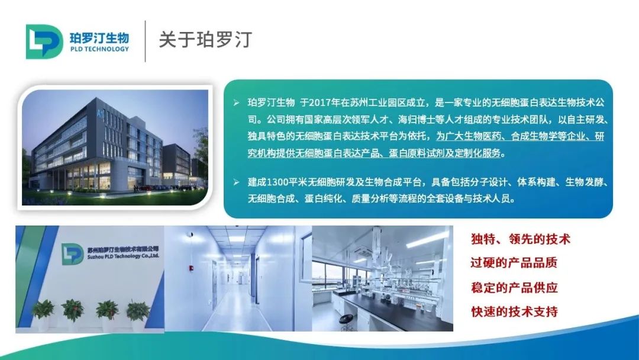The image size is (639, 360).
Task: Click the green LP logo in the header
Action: coord(44,41)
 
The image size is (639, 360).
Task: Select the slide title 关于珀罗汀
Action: coord(205,40)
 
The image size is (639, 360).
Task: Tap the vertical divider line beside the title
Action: coord(146,41)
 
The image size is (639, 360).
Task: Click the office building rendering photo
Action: coord(115,147)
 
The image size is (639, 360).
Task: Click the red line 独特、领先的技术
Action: coord(521,239)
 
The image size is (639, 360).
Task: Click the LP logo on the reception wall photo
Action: coord(73,254)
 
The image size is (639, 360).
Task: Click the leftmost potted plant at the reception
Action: coord(43,310)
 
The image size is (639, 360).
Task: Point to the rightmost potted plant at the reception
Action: coord(138,311)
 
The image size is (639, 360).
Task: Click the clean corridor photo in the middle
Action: coord(237,278)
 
